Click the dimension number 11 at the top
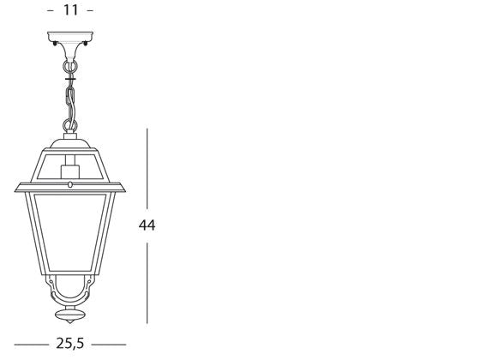click(70, 11)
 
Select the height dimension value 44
click(147, 225)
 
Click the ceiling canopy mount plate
click(70, 39)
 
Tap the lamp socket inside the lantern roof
click(70, 176)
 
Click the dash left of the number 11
click(51, 11)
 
